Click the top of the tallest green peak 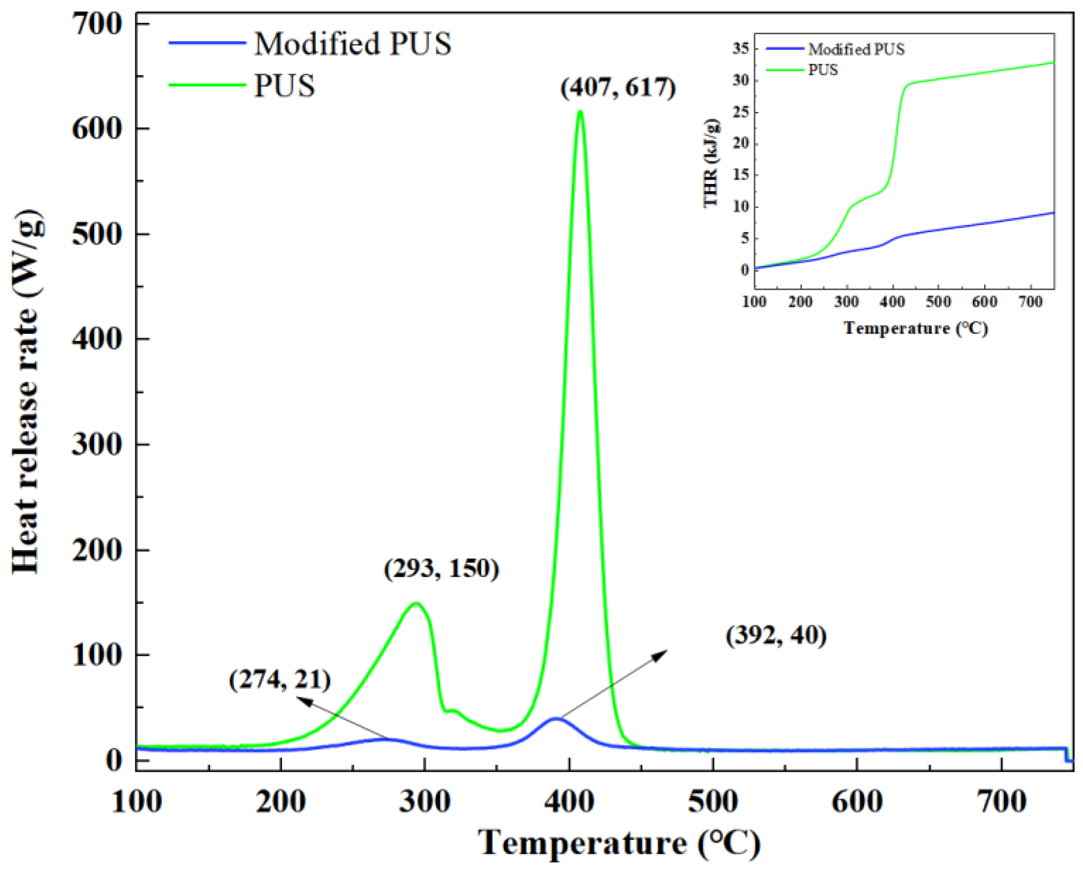click(x=580, y=111)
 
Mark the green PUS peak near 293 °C click(x=416, y=603)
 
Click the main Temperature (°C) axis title click(x=619, y=844)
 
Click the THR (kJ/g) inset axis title click(x=711, y=163)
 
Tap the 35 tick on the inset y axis click(x=740, y=49)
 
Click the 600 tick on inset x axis click(x=985, y=303)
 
